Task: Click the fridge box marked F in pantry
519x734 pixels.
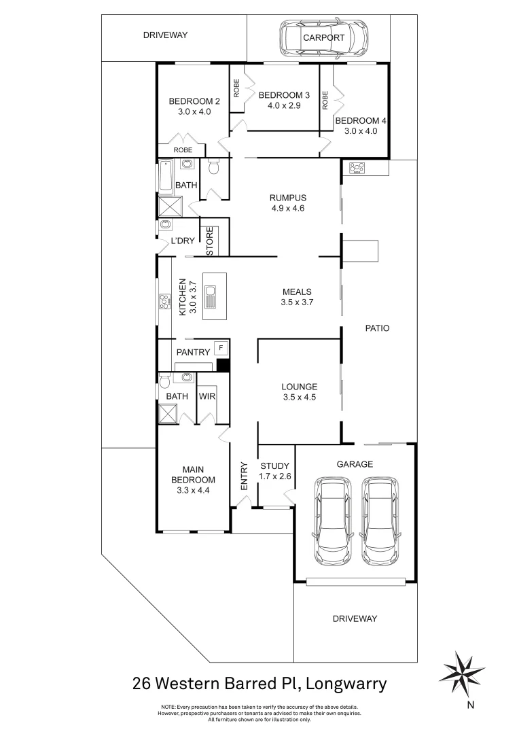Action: tap(219, 348)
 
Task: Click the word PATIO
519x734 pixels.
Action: tap(377, 328)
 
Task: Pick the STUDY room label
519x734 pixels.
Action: tap(276, 466)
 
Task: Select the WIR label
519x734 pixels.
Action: tap(207, 396)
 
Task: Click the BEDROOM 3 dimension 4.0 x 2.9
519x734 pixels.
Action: tap(284, 105)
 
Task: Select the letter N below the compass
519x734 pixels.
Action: tap(470, 705)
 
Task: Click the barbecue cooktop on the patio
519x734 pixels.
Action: tap(357, 167)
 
